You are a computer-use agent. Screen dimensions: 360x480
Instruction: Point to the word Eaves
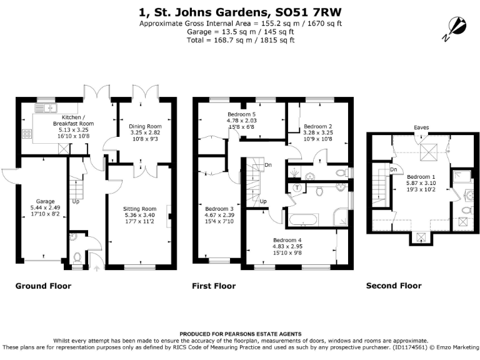pyautogui.click(x=420, y=128)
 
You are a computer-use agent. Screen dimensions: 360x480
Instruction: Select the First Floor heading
pyautogui.click(x=214, y=286)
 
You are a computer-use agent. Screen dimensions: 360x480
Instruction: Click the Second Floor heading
pyautogui.click(x=394, y=286)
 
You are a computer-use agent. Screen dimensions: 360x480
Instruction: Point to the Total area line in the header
pyautogui.click(x=240, y=40)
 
